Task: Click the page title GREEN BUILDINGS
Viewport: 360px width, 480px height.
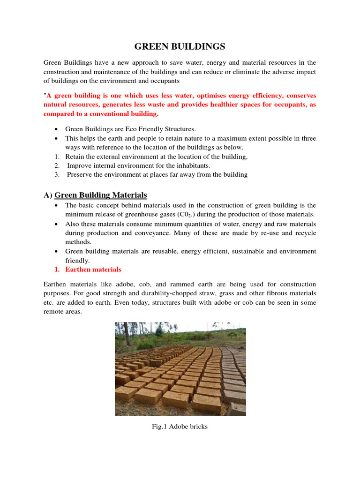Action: pos(180,46)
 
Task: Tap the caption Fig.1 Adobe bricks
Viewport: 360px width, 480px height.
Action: pos(180,427)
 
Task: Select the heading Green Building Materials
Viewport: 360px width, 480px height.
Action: pos(101,195)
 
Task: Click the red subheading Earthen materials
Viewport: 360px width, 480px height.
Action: pos(93,270)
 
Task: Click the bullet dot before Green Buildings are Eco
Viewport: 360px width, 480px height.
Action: pos(56,129)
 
